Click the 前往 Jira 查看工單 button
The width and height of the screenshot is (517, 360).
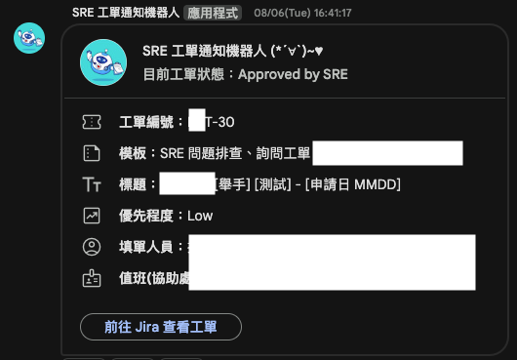[161, 327]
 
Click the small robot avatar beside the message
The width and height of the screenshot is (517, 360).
[28, 39]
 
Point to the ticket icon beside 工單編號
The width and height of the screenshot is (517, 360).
[93, 122]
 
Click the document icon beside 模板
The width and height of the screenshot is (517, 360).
[93, 153]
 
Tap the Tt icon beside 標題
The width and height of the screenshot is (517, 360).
[93, 184]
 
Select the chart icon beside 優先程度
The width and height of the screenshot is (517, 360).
[93, 216]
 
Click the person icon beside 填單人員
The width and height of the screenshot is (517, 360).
[93, 247]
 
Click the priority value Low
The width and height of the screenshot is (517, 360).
[200, 216]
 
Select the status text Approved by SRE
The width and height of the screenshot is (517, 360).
[293, 74]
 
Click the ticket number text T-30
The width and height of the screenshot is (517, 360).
[219, 122]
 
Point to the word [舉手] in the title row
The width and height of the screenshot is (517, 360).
[233, 184]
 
